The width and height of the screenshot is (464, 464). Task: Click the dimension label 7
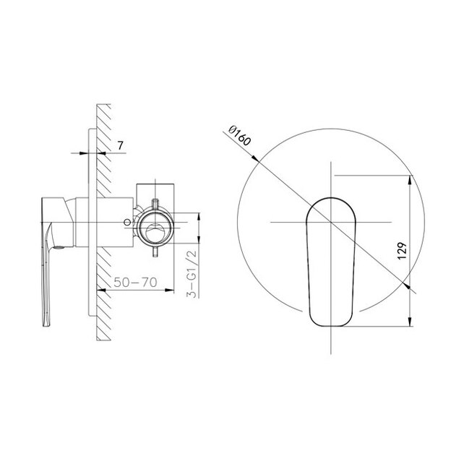tap(120, 145)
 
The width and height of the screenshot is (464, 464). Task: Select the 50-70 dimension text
tap(135, 282)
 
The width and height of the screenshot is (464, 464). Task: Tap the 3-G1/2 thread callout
tap(192, 273)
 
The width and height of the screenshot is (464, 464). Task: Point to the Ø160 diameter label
tap(240, 136)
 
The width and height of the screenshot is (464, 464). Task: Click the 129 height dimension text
tap(402, 252)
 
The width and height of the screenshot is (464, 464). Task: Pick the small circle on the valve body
tap(127, 222)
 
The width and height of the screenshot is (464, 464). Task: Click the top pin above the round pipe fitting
tap(155, 204)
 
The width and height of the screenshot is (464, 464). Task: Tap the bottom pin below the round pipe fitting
tap(155, 252)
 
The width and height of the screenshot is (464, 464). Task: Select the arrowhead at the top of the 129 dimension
tap(410, 180)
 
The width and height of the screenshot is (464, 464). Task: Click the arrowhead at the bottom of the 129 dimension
tap(410, 322)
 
